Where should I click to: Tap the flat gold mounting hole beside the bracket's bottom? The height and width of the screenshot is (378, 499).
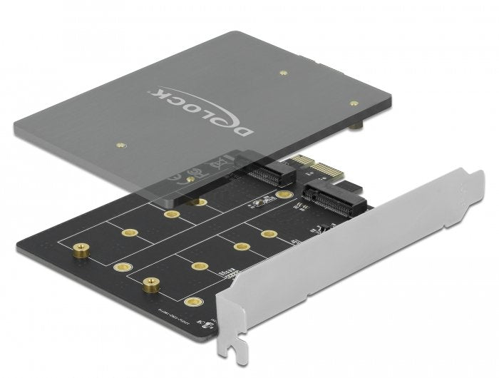click(x=189, y=302)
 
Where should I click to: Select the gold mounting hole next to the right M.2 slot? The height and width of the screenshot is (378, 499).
click(x=285, y=195)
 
